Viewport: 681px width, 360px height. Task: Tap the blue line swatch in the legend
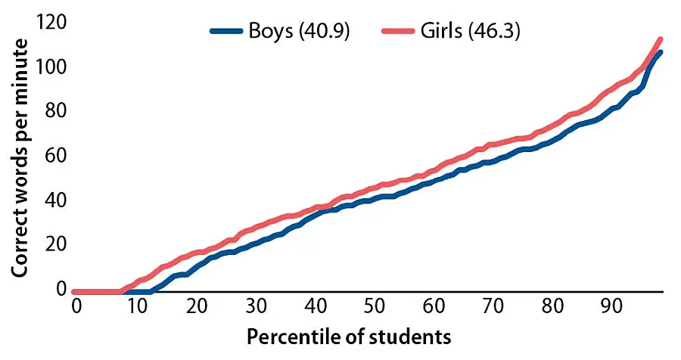[x=226, y=33]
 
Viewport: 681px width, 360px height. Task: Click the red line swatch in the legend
[x=403, y=33]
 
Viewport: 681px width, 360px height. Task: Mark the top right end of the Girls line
[x=661, y=39]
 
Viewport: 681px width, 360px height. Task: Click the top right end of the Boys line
[x=661, y=52]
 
